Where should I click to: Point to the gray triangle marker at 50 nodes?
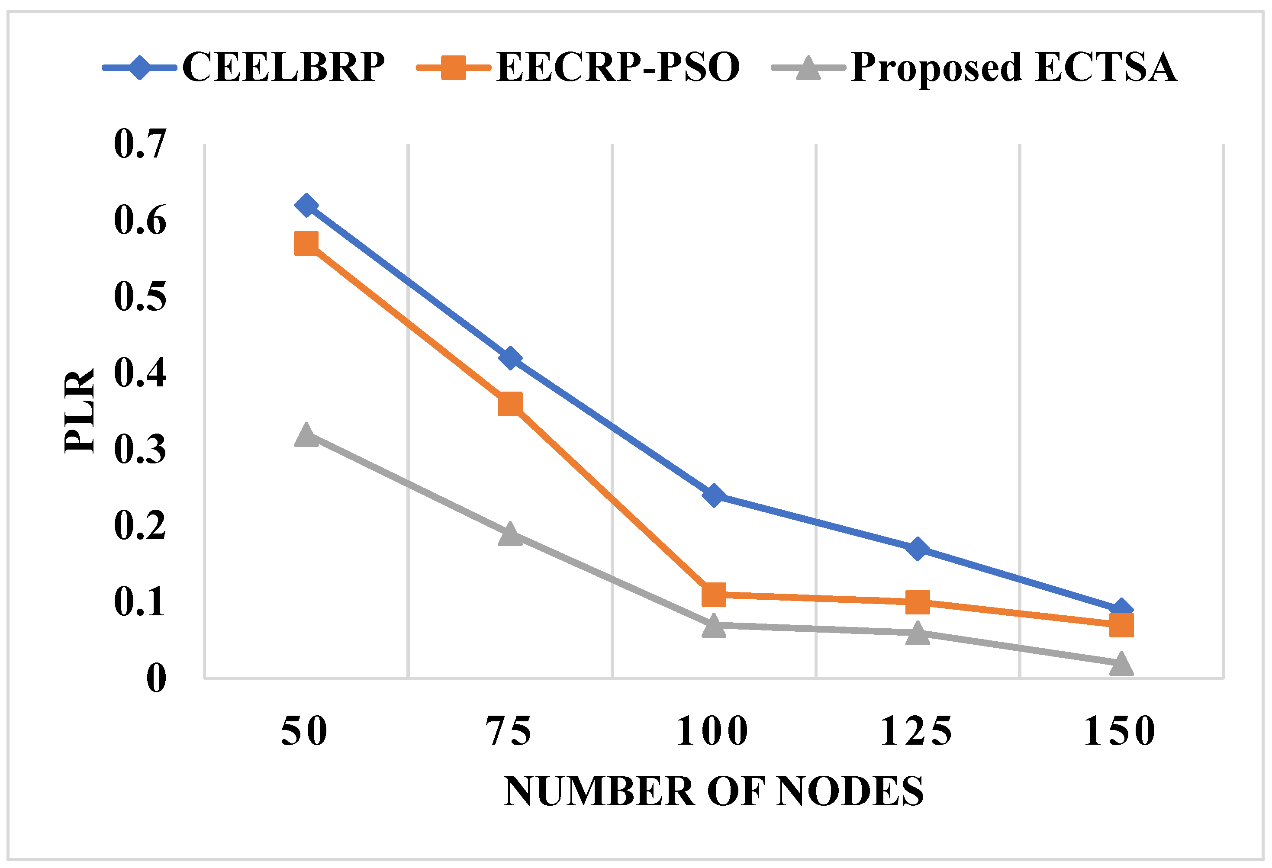point(306,435)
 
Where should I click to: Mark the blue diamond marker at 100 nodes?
point(714,495)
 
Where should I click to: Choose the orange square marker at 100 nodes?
point(714,595)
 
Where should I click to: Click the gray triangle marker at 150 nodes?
point(1121,664)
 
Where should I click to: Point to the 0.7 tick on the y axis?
point(139,144)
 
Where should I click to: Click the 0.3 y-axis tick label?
point(139,449)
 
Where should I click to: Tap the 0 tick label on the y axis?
point(156,678)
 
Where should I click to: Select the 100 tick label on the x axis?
point(713,732)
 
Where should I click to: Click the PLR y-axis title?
point(79,411)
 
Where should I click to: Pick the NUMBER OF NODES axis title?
point(714,792)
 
